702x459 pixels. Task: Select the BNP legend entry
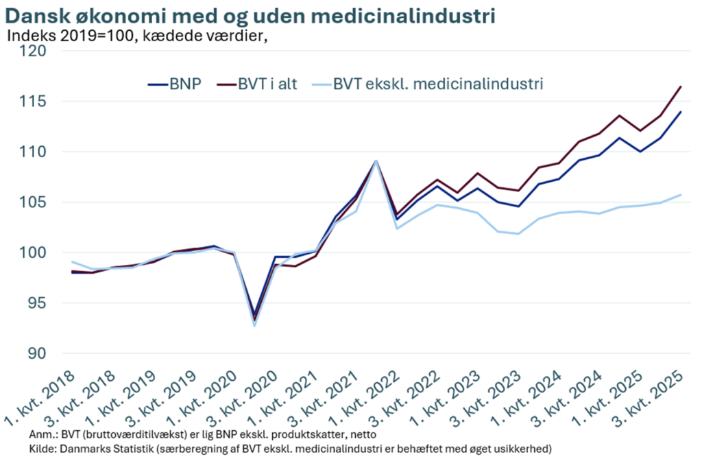185,85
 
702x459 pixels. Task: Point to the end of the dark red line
680,86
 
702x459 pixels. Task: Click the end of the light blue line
680,195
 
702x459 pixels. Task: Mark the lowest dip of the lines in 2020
255,322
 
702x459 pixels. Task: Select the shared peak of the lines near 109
376,161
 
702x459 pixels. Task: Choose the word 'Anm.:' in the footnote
43,435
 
